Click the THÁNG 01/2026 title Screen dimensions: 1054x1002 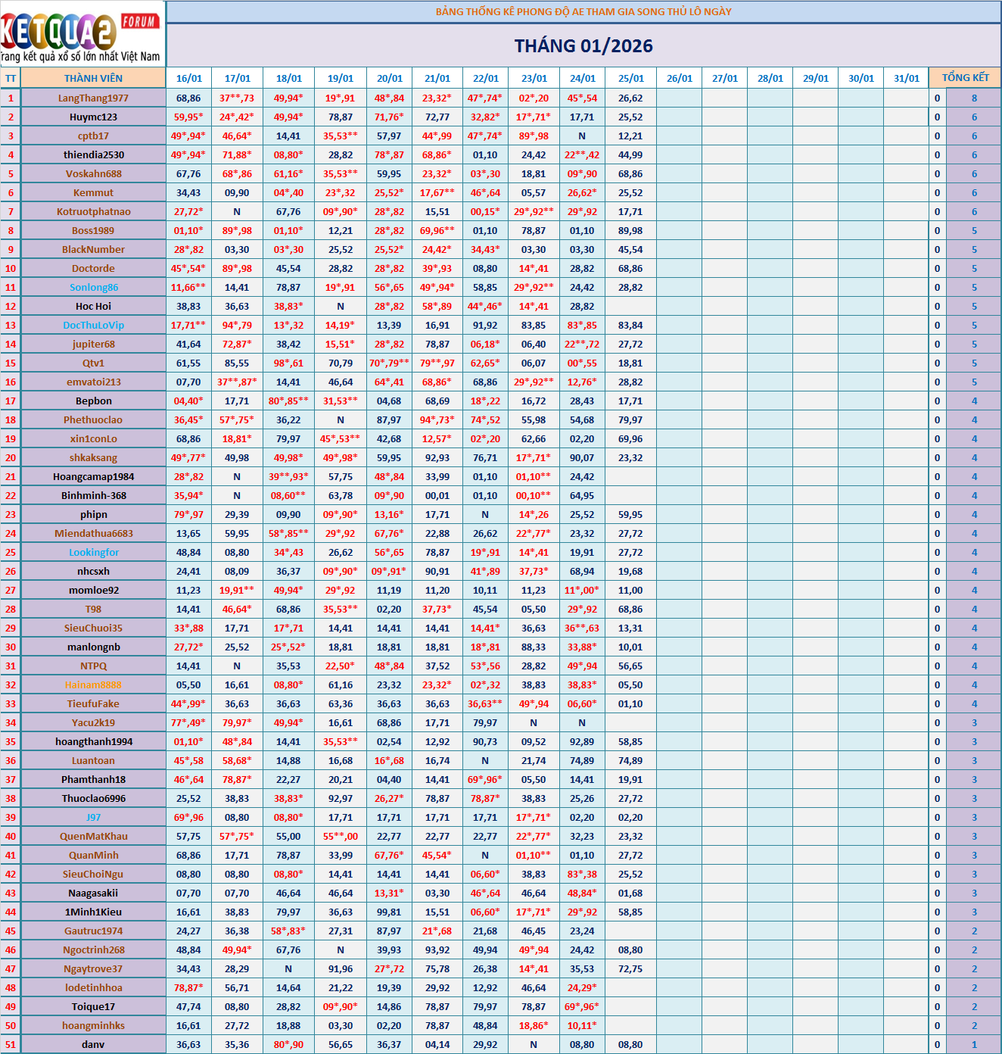tap(583, 46)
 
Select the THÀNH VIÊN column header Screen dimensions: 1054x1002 tap(93, 78)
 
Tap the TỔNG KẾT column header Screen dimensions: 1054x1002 tap(965, 78)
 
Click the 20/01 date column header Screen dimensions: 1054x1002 tap(389, 78)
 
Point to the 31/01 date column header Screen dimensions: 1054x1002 tap(906, 78)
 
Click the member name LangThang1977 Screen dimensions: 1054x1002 tap(93, 98)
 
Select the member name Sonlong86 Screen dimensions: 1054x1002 tap(93, 287)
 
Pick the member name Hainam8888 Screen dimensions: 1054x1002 tap(93, 684)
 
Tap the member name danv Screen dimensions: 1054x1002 tap(93, 1044)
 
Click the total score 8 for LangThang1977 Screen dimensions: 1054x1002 tap(974, 98)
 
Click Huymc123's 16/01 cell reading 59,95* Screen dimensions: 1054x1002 tap(188, 117)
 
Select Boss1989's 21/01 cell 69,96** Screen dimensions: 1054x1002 tap(437, 230)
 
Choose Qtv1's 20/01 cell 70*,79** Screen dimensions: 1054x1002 tap(389, 363)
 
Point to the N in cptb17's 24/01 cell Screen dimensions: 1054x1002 tap(582, 136)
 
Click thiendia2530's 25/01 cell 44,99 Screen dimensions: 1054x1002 tap(630, 154)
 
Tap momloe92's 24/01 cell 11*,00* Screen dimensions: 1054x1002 tap(582, 590)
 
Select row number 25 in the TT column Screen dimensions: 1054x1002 tap(11, 552)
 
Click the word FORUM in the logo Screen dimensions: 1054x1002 tap(139, 21)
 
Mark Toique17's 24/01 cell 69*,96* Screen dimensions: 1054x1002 tap(582, 1006)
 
